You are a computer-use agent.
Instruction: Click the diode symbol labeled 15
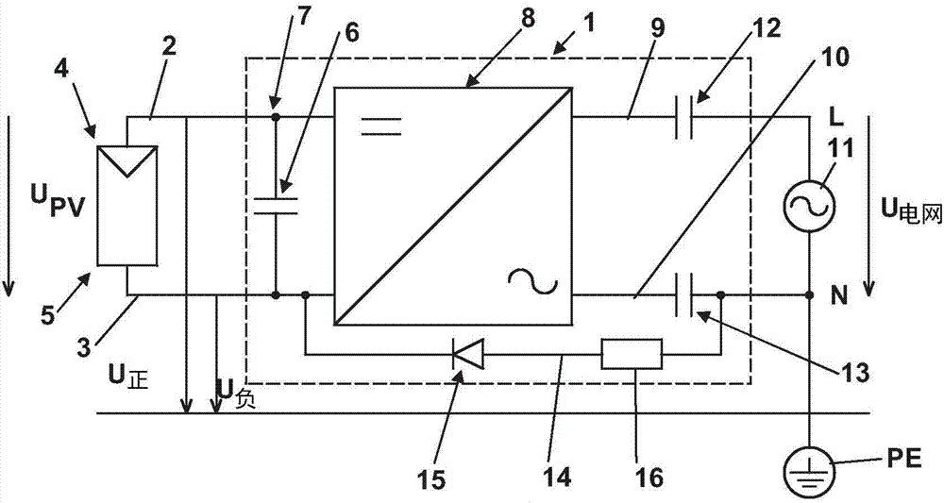point(468,356)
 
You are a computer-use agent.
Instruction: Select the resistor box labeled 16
point(632,356)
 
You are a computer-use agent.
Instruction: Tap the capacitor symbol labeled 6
point(276,204)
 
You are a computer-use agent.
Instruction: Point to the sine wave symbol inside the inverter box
point(530,280)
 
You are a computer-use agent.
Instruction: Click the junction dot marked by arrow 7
point(276,117)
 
